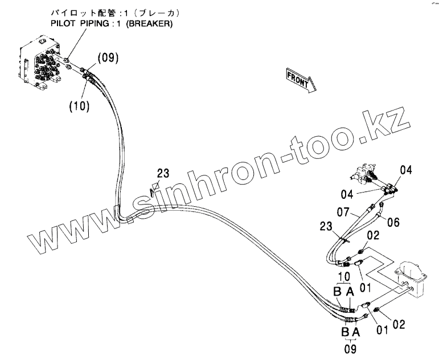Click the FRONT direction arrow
pos(298,79)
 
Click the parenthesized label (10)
pos(79,106)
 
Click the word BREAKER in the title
pos(150,24)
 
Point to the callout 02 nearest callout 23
pos(372,235)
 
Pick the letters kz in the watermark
pos(392,122)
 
